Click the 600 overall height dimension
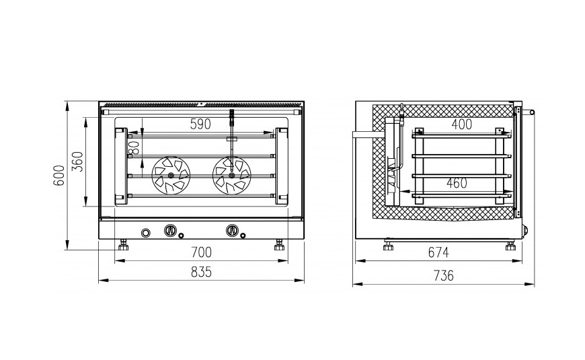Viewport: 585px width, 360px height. click(60, 176)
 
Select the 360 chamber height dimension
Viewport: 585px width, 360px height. click(77, 161)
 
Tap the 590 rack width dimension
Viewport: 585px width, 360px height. click(200, 124)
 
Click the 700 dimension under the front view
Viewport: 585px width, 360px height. click(201, 253)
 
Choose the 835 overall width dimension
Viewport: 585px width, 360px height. click(201, 272)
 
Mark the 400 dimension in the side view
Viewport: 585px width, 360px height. click(462, 124)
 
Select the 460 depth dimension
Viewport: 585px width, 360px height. click(457, 183)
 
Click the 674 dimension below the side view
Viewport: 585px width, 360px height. click(438, 253)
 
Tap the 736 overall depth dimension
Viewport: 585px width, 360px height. click(444, 276)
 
